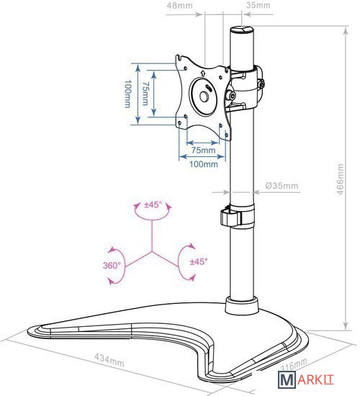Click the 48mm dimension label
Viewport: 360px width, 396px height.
[179, 5]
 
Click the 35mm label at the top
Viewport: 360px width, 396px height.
[258, 5]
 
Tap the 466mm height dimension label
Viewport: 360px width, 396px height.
[341, 179]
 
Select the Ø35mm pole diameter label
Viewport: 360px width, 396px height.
[282, 186]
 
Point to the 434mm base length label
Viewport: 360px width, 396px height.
[109, 360]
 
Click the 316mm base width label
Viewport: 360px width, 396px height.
[294, 364]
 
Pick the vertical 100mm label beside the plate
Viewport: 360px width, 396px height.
[128, 94]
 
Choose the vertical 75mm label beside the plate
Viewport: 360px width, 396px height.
[145, 94]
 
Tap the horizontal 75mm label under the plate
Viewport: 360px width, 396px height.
[203, 150]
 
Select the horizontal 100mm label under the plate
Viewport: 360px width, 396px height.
[204, 164]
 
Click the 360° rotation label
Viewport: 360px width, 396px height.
[112, 266]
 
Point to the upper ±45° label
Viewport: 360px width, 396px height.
[153, 204]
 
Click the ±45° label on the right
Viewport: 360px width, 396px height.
[199, 261]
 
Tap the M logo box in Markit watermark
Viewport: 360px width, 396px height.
[287, 379]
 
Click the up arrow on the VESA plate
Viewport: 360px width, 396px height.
[202, 73]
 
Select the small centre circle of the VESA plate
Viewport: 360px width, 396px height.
[204, 96]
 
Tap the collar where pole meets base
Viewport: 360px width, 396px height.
[241, 305]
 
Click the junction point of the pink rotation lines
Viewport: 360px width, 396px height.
[152, 251]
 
